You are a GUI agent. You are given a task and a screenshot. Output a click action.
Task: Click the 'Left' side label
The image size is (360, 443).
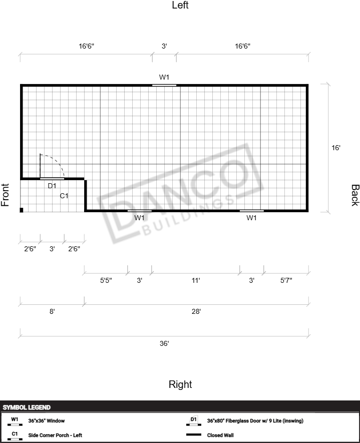(180, 5)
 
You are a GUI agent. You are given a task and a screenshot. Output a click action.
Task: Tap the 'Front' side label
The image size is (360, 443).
(5, 195)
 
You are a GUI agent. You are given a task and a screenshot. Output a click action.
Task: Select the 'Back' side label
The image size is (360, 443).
(355, 195)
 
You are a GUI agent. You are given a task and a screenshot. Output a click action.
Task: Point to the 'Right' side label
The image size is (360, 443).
(180, 384)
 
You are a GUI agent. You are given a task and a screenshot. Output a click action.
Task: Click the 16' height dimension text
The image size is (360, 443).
(335, 148)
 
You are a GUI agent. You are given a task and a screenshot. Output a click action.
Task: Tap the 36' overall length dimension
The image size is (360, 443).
(164, 343)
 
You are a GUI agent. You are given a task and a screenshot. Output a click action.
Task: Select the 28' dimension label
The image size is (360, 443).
(196, 311)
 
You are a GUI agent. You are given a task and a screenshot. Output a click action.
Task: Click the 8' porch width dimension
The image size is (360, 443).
(52, 311)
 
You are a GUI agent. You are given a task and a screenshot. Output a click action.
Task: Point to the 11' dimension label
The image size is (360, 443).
(196, 280)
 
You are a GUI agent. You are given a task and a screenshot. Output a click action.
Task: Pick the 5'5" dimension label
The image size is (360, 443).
(106, 280)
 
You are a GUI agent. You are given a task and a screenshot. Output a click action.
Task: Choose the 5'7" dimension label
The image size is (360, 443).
(286, 280)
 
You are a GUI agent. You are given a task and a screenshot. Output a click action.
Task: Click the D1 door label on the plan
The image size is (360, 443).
(52, 186)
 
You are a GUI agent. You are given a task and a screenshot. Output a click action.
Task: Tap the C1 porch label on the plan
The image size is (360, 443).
(64, 196)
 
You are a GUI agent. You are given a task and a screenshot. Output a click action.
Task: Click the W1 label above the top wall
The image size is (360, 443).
(164, 77)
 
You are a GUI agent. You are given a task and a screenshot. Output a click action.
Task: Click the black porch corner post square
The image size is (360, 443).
(22, 210)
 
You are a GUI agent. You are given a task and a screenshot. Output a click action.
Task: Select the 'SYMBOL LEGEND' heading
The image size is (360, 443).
(27, 407)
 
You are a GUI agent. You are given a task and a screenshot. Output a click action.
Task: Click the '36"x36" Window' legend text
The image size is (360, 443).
(47, 420)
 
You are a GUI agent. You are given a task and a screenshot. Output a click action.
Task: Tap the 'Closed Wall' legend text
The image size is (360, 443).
(220, 435)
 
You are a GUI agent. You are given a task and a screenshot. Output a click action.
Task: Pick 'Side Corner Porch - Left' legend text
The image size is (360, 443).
(55, 435)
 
